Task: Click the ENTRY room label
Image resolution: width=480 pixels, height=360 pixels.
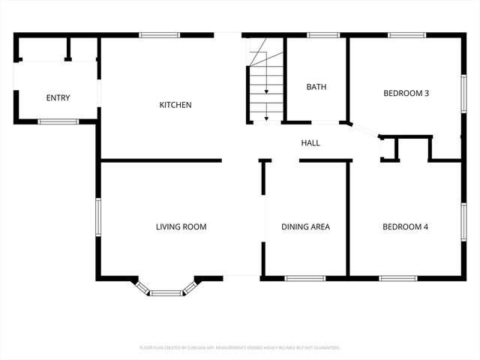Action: [58, 98]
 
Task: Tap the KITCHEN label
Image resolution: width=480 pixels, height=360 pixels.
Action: [175, 105]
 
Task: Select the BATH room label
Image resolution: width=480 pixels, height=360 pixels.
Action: [316, 87]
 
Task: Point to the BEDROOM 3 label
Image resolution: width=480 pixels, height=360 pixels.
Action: [406, 94]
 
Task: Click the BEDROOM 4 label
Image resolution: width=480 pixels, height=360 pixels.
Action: [405, 226]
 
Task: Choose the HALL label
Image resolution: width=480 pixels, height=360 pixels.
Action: [310, 142]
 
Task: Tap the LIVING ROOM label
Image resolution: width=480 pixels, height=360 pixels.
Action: [181, 226]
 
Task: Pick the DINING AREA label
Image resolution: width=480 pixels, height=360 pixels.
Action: [305, 226]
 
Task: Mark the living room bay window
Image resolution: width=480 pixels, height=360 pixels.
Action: [166, 291]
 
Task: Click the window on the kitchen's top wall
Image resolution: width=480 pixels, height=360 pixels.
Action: [159, 34]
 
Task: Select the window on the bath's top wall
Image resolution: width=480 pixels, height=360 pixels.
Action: [323, 34]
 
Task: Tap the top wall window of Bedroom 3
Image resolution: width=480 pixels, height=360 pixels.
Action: [406, 34]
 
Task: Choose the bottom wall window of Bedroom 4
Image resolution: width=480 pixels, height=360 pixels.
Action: [398, 278]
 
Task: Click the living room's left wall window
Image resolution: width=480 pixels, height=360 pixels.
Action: [97, 218]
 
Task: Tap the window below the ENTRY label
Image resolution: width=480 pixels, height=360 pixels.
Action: [58, 121]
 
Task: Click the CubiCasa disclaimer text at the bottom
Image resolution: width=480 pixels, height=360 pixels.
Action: [240, 348]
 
